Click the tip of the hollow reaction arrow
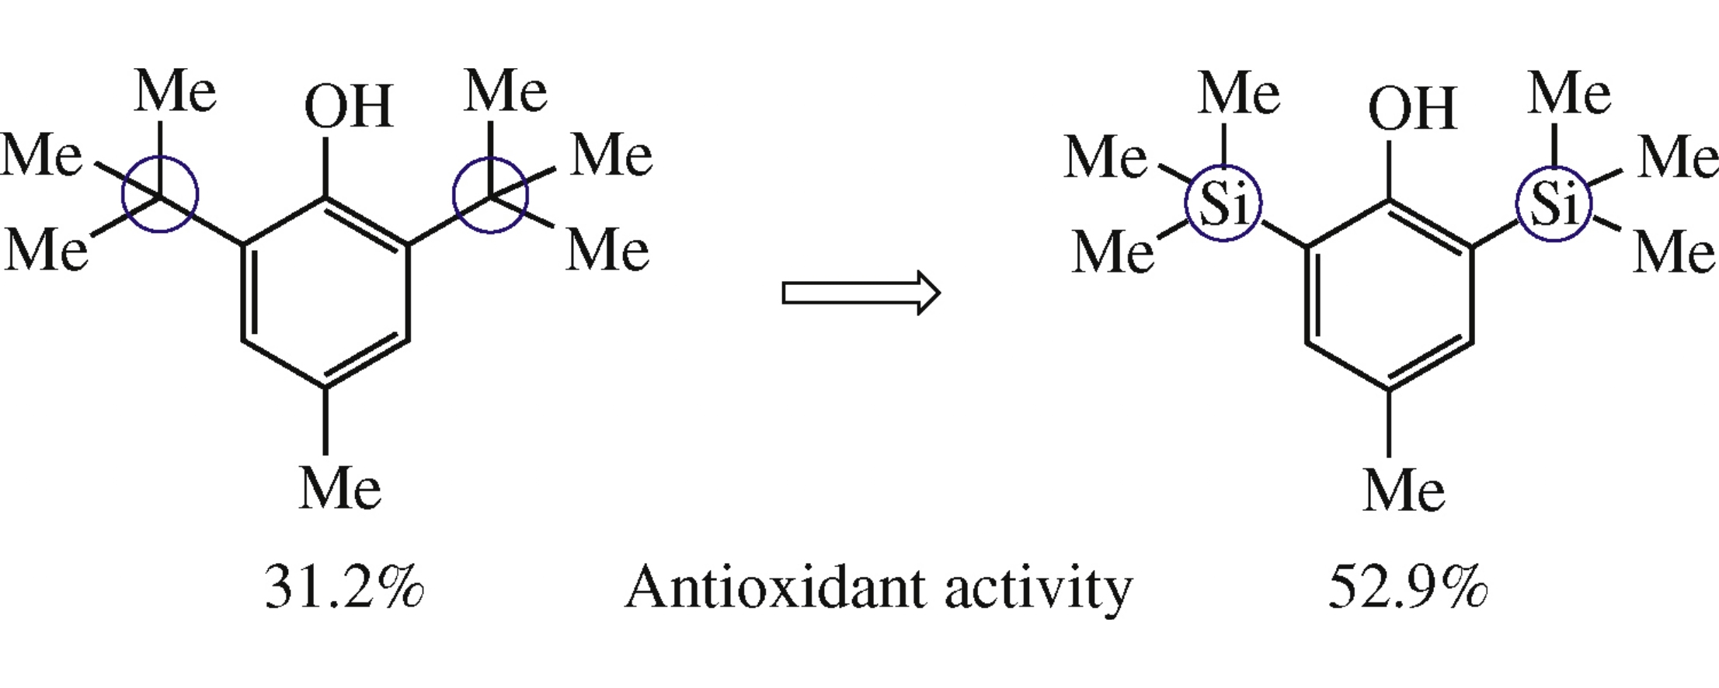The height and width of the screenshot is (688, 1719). click(x=940, y=293)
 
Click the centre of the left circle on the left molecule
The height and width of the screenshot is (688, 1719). click(x=160, y=195)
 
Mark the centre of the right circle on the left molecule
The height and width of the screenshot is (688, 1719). click(x=491, y=195)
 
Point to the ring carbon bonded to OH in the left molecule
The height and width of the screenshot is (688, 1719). click(x=325, y=198)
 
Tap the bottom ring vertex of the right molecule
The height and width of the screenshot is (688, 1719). click(x=1389, y=390)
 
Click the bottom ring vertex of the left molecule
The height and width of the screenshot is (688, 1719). click(x=325, y=387)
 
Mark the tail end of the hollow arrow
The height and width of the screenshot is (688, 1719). click(x=783, y=293)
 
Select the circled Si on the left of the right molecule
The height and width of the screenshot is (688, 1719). click(x=1223, y=204)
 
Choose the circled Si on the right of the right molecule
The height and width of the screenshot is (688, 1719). click(x=1554, y=204)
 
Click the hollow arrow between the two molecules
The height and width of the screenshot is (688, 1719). click(x=861, y=293)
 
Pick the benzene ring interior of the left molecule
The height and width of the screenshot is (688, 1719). click(x=325, y=293)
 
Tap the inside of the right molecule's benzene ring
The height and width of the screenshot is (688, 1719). click(x=1389, y=295)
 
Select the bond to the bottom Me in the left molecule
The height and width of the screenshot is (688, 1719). click(x=325, y=421)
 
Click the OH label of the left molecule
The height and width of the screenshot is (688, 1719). click(x=349, y=106)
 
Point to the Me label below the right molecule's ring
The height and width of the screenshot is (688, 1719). click(x=1404, y=491)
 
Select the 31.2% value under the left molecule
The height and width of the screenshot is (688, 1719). click(x=344, y=586)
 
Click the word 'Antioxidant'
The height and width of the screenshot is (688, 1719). click(x=775, y=587)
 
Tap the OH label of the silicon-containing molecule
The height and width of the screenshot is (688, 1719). click(x=1412, y=108)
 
